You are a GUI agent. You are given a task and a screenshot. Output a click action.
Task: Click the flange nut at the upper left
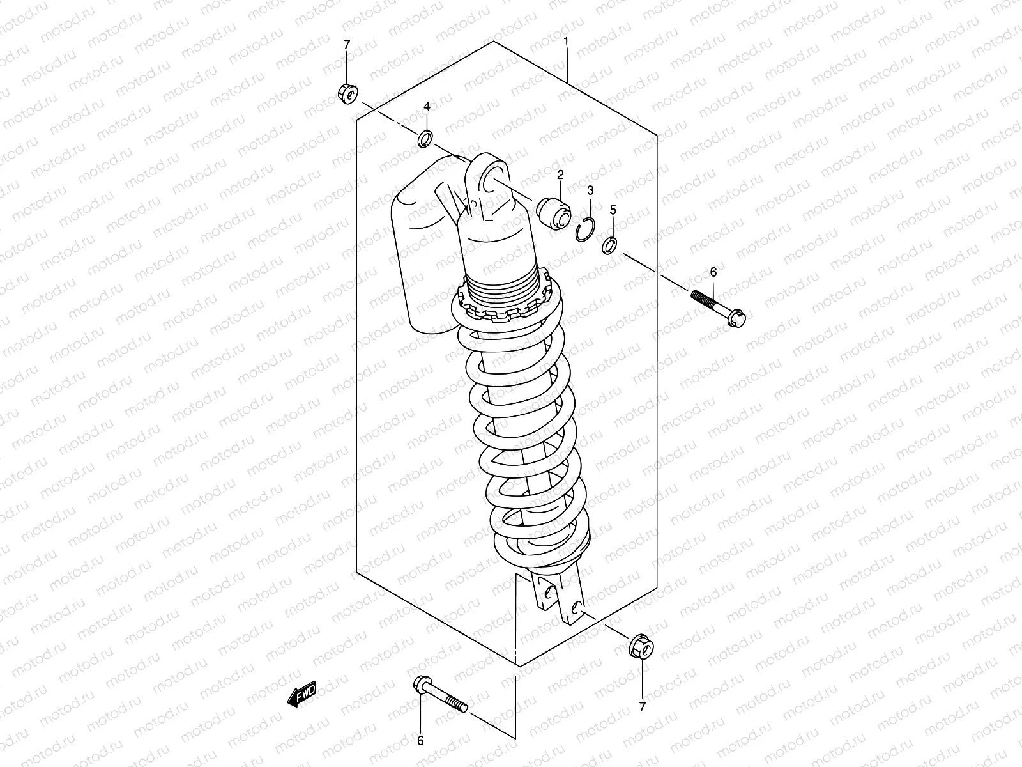tap(347, 93)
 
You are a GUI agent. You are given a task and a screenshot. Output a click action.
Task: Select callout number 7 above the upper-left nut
tap(347, 44)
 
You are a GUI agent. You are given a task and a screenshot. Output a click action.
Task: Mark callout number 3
tap(590, 190)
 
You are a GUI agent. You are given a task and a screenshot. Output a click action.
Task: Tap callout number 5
tap(613, 209)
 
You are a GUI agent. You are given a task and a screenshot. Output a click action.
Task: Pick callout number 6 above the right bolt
tap(713, 272)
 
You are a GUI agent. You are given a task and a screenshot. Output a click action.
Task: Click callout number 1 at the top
tap(566, 42)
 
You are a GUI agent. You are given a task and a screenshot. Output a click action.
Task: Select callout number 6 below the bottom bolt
tap(420, 741)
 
